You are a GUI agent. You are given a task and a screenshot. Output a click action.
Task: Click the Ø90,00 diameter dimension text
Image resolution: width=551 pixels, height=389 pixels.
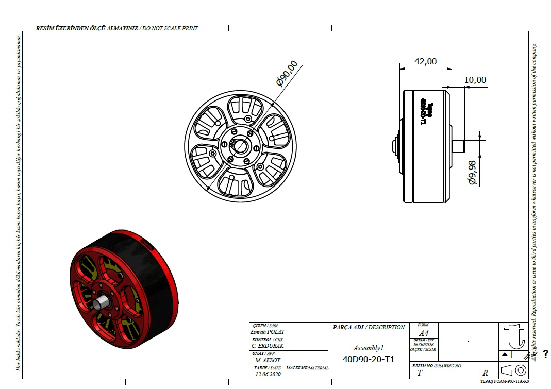tap(287, 73)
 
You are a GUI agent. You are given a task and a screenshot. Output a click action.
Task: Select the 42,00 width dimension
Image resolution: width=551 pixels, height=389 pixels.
tap(425, 61)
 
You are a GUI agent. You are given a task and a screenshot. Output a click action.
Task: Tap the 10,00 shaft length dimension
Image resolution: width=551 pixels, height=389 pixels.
tap(475, 80)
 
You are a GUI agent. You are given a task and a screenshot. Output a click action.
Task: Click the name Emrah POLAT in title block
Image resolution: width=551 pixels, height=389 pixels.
tap(267, 332)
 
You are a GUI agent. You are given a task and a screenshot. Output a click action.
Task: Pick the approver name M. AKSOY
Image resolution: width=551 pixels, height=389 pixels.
tap(266, 360)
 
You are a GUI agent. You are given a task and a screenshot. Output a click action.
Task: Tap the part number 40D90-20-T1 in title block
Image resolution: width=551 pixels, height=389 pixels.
tap(368, 359)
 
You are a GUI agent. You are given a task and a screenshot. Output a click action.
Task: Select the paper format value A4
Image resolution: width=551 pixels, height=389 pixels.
tap(423, 333)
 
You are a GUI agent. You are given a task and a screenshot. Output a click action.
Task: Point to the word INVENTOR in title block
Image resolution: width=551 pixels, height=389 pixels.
tap(423, 344)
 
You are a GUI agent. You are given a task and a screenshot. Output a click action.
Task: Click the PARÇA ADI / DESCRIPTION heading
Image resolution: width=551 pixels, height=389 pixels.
tap(369, 327)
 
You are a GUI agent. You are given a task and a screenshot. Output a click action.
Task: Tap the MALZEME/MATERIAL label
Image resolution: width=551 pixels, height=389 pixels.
tap(307, 368)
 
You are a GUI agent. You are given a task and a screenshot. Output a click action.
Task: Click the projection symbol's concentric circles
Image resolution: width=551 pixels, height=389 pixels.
tap(520, 370)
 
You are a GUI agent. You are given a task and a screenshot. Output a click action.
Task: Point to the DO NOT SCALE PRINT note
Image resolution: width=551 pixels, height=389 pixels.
tap(171, 29)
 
